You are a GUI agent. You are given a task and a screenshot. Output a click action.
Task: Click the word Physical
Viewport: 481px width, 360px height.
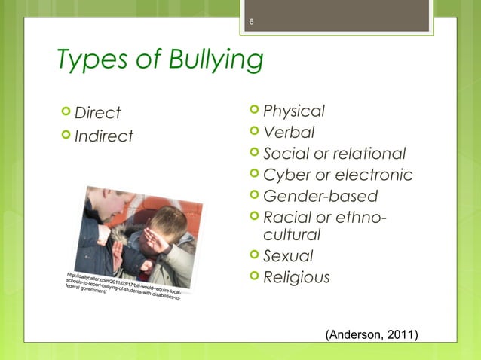pos(294,111)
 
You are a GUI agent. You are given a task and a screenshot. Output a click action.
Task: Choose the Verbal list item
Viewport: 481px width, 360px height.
pos(289,133)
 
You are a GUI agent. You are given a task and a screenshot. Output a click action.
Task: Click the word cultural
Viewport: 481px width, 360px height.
pos(290,236)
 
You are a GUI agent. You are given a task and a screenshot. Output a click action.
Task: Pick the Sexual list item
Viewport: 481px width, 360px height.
pos(288,257)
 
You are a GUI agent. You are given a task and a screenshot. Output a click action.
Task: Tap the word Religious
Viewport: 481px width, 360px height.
pos(296,278)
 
